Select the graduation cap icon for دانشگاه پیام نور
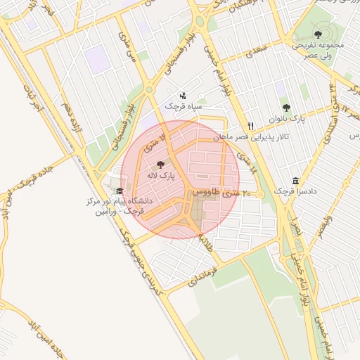click(119, 191)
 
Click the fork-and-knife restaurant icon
click(250, 126)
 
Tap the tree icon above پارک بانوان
click(285, 108)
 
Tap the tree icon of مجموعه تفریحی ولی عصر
click(318, 33)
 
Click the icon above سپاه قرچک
click(183, 95)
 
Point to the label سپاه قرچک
click(184, 106)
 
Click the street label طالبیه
click(205, 243)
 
